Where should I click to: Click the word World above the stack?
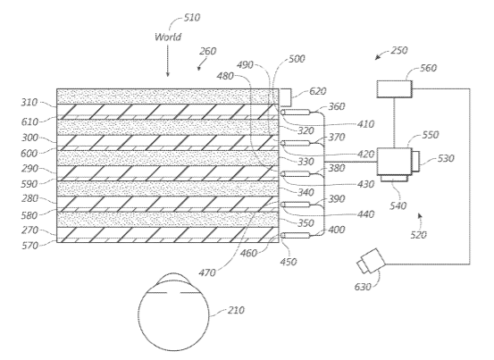click(x=168, y=37)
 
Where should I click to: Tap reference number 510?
click(x=192, y=17)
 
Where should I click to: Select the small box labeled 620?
click(x=285, y=97)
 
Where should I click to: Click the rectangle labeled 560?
click(x=395, y=89)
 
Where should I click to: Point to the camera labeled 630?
click(x=371, y=261)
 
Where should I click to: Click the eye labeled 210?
click(x=173, y=312)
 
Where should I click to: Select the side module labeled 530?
click(x=416, y=162)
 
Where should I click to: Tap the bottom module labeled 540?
click(x=394, y=179)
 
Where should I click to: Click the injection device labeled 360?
click(x=296, y=113)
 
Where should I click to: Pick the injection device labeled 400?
click(x=296, y=235)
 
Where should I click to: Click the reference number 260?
click(x=207, y=51)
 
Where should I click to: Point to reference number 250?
click(x=399, y=50)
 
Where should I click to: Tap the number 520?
click(x=418, y=235)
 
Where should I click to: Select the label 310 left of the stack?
click(x=29, y=103)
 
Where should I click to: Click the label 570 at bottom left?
click(x=29, y=246)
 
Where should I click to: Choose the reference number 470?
click(x=207, y=272)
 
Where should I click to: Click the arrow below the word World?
click(x=168, y=61)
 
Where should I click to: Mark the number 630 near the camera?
click(x=363, y=287)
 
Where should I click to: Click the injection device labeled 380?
click(x=296, y=174)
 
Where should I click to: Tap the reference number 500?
click(x=297, y=59)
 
